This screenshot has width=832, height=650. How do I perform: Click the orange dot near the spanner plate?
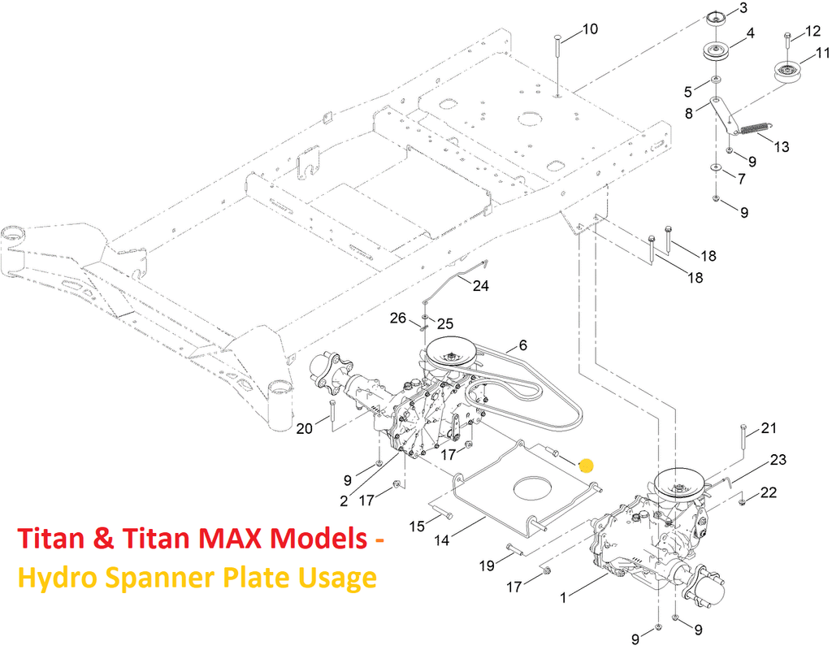pyautogui.click(x=586, y=466)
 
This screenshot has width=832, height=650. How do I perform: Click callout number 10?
pyautogui.click(x=590, y=29)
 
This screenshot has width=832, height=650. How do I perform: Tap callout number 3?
pyautogui.click(x=743, y=10)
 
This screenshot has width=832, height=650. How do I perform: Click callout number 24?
pyautogui.click(x=482, y=286)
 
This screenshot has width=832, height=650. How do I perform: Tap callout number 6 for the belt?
pyautogui.click(x=522, y=345)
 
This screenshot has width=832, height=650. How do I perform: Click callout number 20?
pyautogui.click(x=305, y=428)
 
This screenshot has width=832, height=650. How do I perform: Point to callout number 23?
pyautogui.click(x=778, y=460)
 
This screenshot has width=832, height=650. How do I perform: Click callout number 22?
pyautogui.click(x=769, y=492)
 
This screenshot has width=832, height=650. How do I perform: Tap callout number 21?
pyautogui.click(x=769, y=428)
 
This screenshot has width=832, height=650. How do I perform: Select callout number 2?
pyautogui.click(x=344, y=500)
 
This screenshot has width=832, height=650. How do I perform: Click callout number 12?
pyautogui.click(x=812, y=32)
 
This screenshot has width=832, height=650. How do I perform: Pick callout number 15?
pyautogui.click(x=418, y=526)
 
